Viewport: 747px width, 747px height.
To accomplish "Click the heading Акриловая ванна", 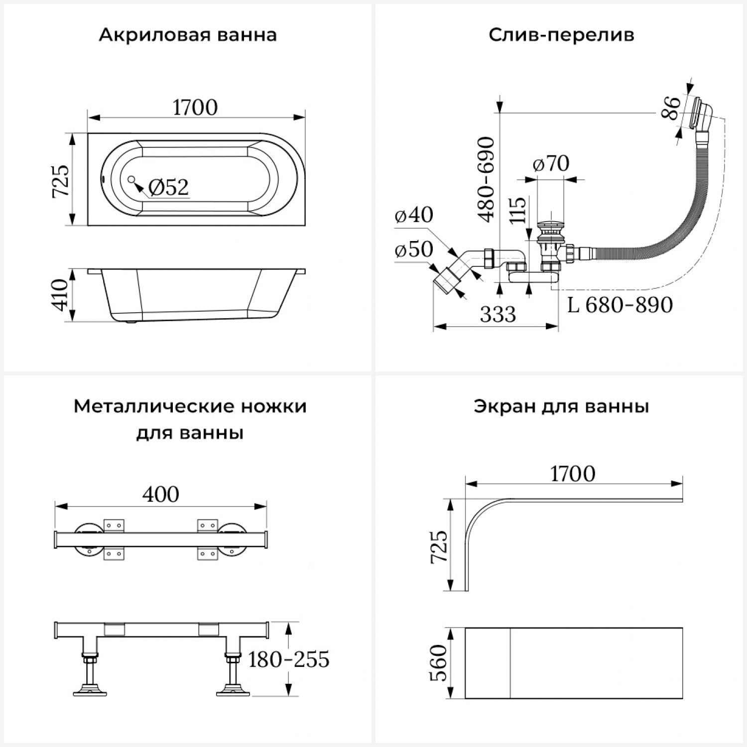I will (187, 35).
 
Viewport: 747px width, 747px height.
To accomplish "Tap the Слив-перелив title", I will (561, 35).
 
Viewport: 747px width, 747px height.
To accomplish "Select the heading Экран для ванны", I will (561, 406).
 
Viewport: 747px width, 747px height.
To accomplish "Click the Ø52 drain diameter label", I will (169, 187).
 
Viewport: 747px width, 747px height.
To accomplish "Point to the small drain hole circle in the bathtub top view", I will (131, 179).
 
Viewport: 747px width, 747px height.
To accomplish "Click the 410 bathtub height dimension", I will (61, 295).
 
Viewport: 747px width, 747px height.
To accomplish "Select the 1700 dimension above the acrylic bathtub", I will (195, 108).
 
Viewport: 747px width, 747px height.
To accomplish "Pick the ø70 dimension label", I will (551, 164).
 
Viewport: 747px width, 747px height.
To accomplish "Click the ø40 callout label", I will (414, 215).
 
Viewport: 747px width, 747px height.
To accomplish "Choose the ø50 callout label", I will (414, 249).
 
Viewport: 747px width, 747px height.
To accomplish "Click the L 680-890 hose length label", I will (620, 305).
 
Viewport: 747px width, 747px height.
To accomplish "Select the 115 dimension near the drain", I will (517, 210).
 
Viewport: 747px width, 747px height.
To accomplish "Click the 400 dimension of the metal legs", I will (160, 495).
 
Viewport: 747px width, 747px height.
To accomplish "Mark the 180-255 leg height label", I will (289, 660).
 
